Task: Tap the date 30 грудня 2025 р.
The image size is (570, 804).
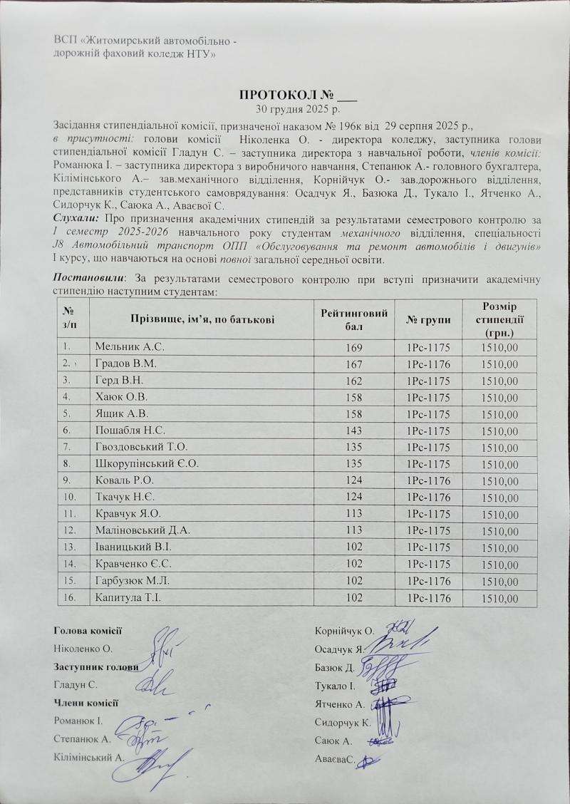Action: [298, 109]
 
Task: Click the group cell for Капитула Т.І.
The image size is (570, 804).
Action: [428, 599]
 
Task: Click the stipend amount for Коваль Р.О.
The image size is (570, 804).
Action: [499, 481]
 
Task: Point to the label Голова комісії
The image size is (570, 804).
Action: [88, 629]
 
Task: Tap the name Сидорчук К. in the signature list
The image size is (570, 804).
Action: [341, 722]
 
